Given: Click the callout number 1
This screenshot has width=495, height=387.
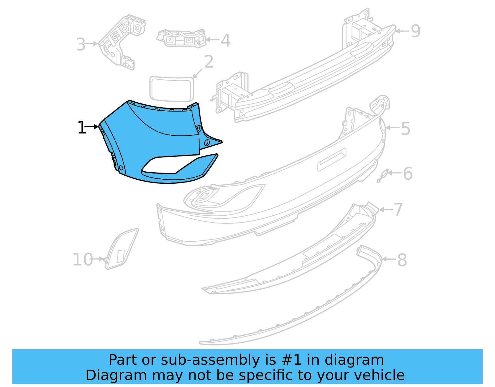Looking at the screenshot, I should pyautogui.click(x=81, y=128).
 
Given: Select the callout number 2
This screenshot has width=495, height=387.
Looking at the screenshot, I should pyautogui.click(x=209, y=62).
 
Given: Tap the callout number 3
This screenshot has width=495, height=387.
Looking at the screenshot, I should pyautogui.click(x=80, y=45).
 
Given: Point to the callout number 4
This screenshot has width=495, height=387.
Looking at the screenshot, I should pyautogui.click(x=226, y=41).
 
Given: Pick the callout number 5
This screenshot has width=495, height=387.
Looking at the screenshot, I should pyautogui.click(x=406, y=129).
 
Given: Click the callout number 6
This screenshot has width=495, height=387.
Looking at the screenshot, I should pyautogui.click(x=408, y=174).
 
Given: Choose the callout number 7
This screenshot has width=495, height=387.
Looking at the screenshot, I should pyautogui.click(x=398, y=210).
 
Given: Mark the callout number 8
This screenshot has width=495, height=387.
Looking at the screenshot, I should pyautogui.click(x=402, y=260).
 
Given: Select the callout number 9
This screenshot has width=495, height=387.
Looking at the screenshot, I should pyautogui.click(x=415, y=31).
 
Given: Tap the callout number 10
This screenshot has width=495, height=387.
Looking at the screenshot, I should pyautogui.click(x=83, y=260).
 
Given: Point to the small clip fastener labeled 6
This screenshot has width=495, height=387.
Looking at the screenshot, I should pyautogui.click(x=383, y=176).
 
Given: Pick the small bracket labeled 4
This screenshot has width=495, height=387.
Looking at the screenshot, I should pyautogui.click(x=182, y=38).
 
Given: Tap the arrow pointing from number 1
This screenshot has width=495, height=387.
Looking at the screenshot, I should pyautogui.click(x=92, y=127).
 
